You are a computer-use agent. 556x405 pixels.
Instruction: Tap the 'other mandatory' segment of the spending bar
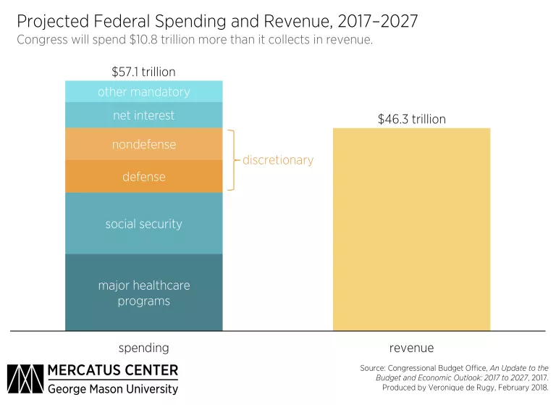[143, 91]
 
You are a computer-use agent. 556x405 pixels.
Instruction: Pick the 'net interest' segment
[143, 115]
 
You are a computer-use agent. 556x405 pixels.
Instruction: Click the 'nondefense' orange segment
[143, 144]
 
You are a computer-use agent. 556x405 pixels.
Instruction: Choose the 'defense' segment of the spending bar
[143, 176]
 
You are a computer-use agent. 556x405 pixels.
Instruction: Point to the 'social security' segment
[143, 223]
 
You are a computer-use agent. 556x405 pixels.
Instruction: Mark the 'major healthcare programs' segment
[143, 293]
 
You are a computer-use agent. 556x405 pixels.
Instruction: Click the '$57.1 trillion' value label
[143, 72]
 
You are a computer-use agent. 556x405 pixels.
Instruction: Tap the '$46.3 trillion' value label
[411, 119]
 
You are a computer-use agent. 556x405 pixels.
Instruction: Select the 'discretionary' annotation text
[278, 160]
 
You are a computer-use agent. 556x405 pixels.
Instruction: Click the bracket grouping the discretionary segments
[232, 160]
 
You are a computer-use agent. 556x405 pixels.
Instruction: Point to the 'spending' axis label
[143, 347]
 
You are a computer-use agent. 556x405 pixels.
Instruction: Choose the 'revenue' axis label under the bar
[411, 347]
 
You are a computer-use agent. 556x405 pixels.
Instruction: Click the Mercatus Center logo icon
[25, 379]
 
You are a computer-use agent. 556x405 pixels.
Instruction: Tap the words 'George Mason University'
[112, 389]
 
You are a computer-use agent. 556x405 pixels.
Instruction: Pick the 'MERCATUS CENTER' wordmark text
[112, 371]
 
